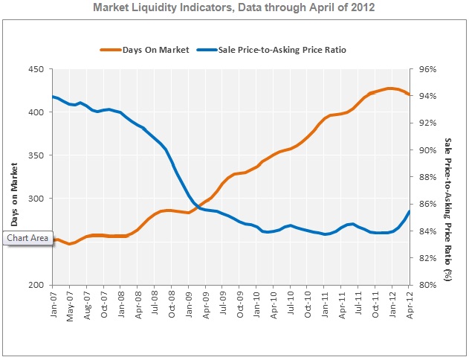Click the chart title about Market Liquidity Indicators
click(x=233, y=9)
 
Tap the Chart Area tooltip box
click(x=28, y=238)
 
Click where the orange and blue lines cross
click(x=199, y=208)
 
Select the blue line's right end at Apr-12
click(x=410, y=211)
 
